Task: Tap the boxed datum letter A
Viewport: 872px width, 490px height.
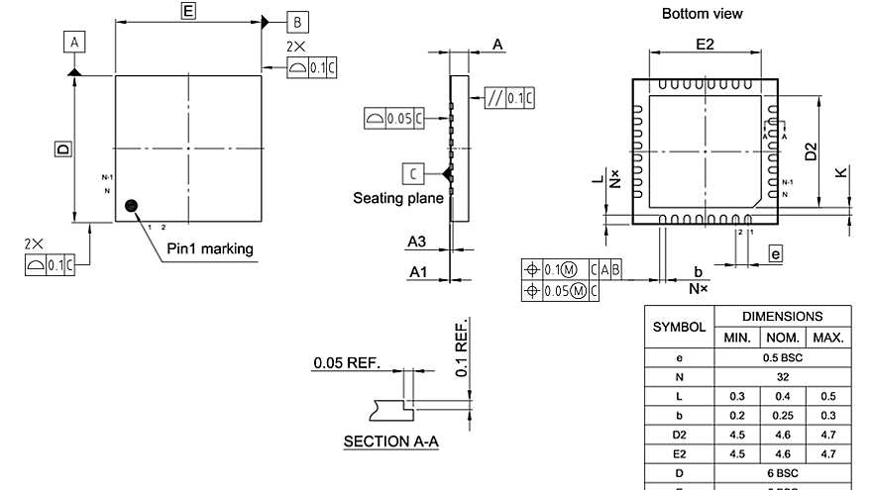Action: tap(74, 41)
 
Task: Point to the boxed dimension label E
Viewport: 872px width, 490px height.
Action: tap(188, 11)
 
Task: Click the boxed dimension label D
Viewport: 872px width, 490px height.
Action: tap(62, 148)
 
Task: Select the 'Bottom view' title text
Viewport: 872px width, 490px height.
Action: tap(702, 13)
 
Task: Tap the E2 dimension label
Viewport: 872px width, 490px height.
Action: tap(705, 45)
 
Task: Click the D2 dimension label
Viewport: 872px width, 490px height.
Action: tap(811, 151)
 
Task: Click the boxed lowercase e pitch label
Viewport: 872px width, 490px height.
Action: tap(775, 254)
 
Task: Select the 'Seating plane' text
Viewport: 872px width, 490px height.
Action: tap(397, 198)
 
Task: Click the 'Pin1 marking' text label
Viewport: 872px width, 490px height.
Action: tap(209, 248)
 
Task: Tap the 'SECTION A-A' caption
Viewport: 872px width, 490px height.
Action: tap(390, 441)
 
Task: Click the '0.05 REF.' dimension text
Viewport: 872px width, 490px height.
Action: tap(346, 362)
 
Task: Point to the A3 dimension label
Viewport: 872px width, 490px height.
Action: tap(416, 242)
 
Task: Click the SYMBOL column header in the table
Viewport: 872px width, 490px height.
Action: tap(679, 326)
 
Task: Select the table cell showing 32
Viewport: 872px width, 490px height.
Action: tap(782, 376)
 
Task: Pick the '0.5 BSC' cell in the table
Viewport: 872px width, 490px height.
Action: tap(782, 356)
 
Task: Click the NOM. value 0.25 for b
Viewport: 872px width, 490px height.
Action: tap(782, 415)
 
